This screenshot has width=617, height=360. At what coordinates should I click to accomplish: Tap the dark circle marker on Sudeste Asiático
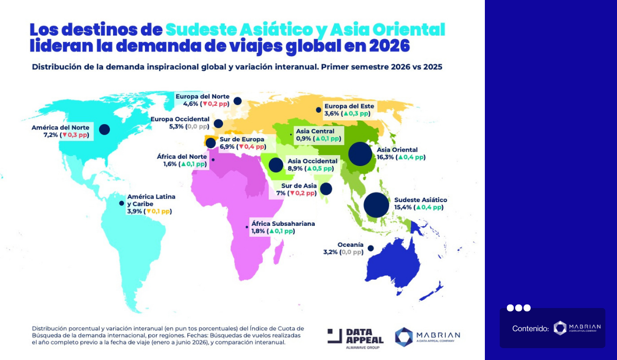coord(376,205)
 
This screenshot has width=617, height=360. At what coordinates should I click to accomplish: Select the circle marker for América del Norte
coord(105,130)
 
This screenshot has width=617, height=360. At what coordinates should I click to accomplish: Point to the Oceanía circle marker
coord(370,248)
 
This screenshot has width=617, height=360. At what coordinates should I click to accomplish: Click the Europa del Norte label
coord(202,96)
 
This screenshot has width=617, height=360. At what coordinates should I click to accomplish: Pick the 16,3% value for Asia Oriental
coord(386,157)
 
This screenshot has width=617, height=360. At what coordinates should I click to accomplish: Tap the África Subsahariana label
coord(283,224)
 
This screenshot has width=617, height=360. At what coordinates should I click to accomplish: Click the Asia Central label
coord(315,131)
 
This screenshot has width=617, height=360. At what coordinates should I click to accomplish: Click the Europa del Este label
coord(349,106)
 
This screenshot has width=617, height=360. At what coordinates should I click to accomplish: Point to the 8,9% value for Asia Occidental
coord(296,168)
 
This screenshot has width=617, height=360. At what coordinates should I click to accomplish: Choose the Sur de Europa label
coord(242,139)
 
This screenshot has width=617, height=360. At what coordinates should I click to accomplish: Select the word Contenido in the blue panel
coord(530,328)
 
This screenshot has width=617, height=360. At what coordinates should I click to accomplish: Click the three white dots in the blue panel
coord(518,308)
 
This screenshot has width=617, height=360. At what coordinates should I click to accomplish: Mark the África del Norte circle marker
coord(213,160)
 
